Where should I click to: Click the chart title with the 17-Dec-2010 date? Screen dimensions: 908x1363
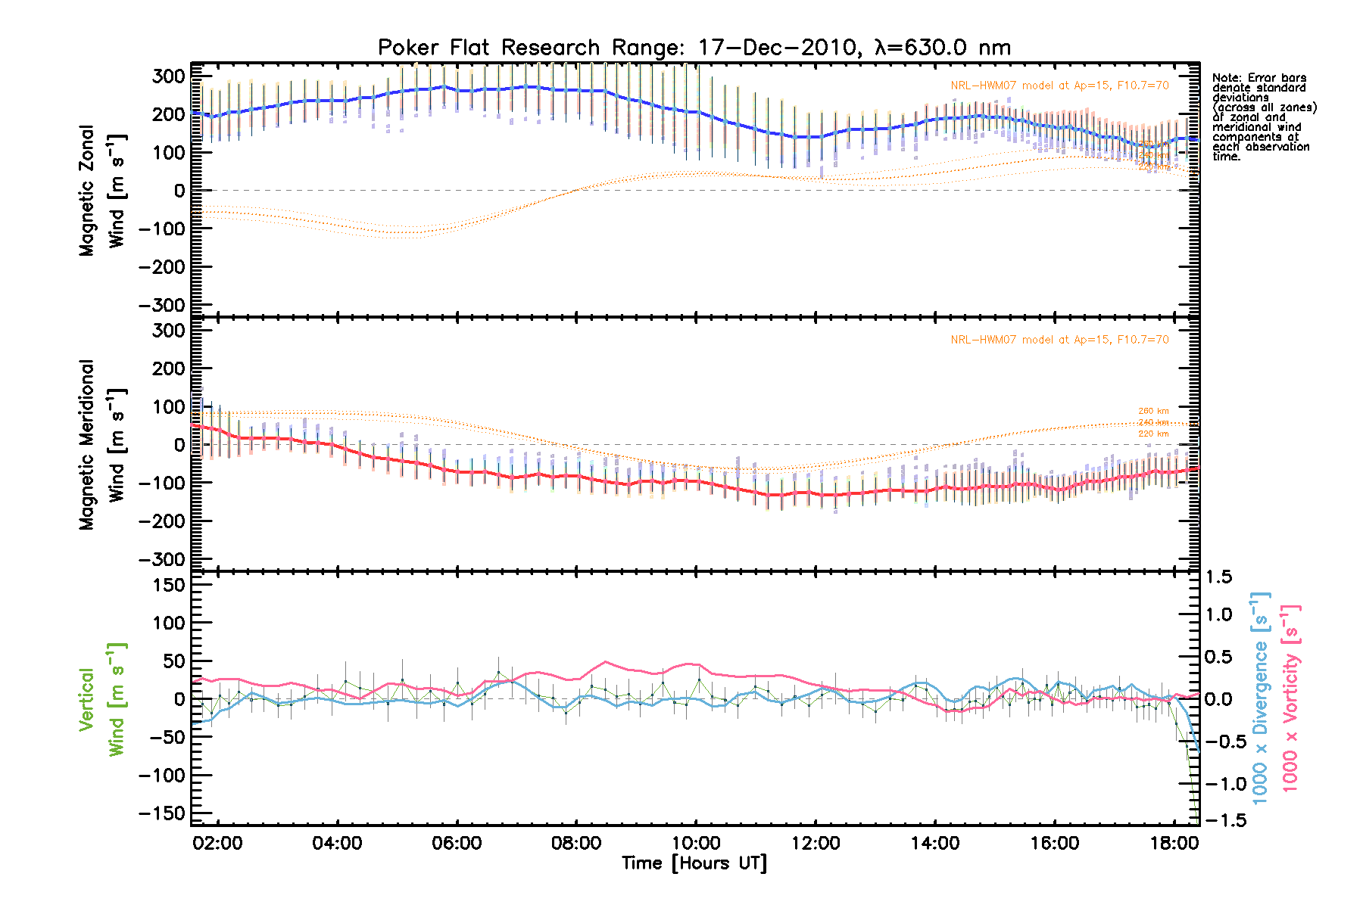pos(694,48)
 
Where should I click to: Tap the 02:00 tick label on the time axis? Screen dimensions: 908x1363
pos(218,843)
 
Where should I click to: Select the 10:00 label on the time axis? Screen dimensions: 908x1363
pos(696,843)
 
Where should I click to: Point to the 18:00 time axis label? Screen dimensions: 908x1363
pos(1174,843)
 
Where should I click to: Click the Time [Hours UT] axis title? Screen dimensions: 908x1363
pos(694,863)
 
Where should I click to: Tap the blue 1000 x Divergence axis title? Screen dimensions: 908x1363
pos(1261,698)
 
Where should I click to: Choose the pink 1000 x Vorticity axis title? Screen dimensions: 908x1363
pos(1290,698)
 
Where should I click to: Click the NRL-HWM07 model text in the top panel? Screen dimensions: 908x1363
pos(1059,86)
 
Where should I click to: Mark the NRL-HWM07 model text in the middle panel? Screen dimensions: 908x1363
pos(1059,340)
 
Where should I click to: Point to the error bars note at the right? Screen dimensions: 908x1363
pos(1263,117)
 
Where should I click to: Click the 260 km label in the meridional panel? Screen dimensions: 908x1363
pos(1153,411)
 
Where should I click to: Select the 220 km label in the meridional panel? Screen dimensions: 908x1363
pos(1153,434)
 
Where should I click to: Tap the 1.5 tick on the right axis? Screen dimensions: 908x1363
pos(1218,577)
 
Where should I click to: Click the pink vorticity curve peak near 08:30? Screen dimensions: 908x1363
pos(605,662)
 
